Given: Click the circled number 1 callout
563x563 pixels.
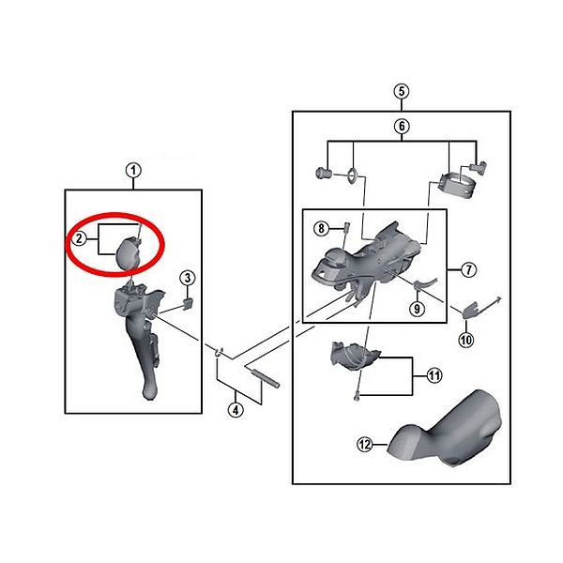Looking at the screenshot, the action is point(133,170).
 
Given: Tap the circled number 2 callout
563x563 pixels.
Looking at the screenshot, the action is point(79,238).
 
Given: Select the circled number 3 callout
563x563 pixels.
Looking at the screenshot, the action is point(188,278).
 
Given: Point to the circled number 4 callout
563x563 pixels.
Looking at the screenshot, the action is point(236,410).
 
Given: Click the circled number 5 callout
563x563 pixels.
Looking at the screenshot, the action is point(402,91).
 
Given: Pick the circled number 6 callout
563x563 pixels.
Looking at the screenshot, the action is point(402,126).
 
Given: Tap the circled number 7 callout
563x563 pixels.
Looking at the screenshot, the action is point(468,269).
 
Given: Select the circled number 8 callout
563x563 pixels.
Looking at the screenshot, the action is point(321,228).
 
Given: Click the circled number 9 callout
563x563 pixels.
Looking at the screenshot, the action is point(417,309).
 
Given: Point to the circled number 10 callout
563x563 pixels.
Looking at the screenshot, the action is point(466,340).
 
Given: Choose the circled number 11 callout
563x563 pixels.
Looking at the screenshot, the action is point(434,375).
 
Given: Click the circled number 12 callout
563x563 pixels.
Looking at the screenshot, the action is point(365,445).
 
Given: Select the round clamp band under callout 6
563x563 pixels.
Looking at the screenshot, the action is point(458,185).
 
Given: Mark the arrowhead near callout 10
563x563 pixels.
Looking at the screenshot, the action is point(498,299).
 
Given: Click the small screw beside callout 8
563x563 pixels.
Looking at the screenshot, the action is point(347,227).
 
